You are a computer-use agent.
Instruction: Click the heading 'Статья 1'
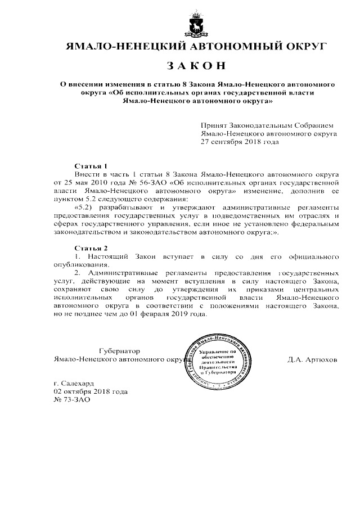click(91, 166)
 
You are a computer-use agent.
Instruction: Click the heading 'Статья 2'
click(91, 248)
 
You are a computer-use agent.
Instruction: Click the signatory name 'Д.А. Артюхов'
click(312, 359)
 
